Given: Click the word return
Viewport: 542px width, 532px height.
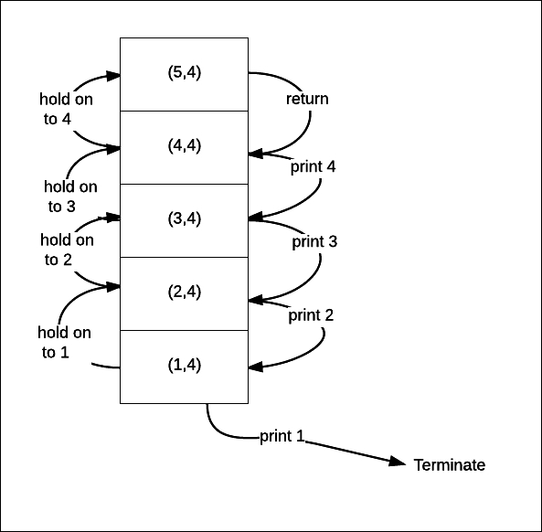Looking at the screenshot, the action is (x=307, y=99).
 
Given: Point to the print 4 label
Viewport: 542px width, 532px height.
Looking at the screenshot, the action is (x=313, y=166).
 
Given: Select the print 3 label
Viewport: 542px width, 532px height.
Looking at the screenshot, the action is (x=314, y=241).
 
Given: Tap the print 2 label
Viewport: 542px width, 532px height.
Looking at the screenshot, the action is (x=311, y=315).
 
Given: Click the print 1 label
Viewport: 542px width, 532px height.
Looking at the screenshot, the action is (x=282, y=436).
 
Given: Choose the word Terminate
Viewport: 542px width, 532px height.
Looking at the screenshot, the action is (x=450, y=465).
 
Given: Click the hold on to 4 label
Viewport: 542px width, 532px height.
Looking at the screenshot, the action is (x=66, y=109).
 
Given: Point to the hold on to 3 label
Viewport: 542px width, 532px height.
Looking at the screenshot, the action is (x=70, y=197).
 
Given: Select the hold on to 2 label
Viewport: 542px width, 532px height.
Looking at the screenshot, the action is (x=67, y=250).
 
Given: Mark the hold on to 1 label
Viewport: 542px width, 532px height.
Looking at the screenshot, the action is (x=64, y=342).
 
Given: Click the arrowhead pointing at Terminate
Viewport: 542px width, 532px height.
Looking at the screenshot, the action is (x=398, y=462).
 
